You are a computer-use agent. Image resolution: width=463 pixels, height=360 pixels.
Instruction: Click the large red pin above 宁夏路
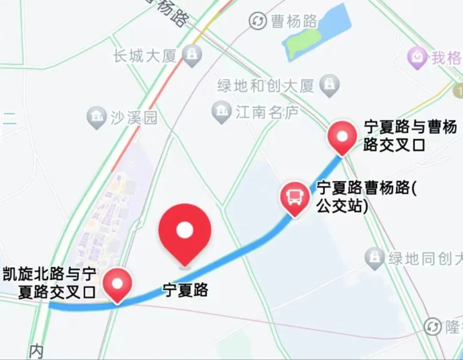185,231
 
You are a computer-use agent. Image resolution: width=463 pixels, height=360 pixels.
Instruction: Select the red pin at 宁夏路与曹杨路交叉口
342,136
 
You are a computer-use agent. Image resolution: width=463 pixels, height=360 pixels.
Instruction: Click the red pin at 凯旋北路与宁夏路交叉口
117,283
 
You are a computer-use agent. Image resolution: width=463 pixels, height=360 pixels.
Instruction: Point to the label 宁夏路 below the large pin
185,290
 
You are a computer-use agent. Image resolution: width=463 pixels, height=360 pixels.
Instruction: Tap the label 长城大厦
145,56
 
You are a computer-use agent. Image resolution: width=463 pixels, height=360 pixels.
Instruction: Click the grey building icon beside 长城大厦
192,54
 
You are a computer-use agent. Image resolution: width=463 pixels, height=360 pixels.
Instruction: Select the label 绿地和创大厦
266,86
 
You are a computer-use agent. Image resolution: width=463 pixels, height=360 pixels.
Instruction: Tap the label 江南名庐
267,113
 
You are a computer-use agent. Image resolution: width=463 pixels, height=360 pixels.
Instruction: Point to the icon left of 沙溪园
96,117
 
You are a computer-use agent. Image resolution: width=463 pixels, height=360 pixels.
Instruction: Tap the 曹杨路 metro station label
295,21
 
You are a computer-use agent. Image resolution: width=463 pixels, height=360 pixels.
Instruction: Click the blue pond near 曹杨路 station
326,28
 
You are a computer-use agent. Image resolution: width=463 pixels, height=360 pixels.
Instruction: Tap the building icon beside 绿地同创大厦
374,258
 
